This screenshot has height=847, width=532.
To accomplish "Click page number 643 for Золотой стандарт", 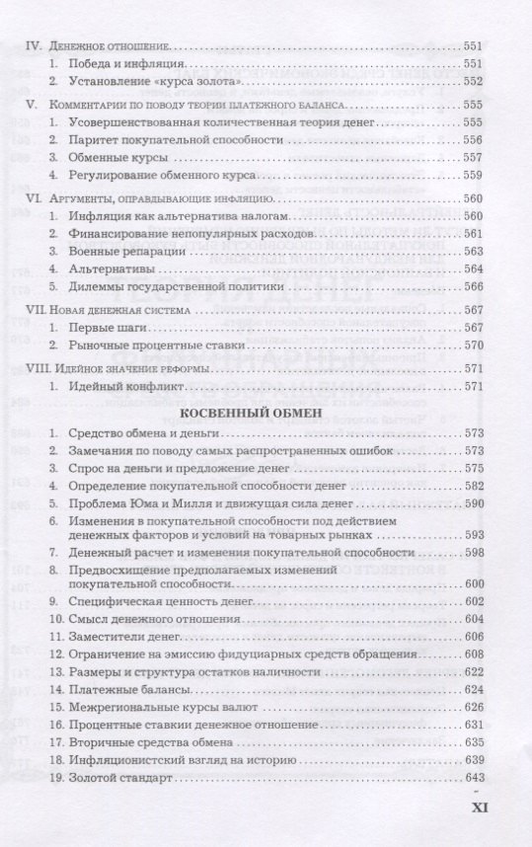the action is pos(475,778).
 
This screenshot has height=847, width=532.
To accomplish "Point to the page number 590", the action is pos(475,504).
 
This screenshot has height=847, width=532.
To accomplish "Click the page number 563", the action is pos(475,252).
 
